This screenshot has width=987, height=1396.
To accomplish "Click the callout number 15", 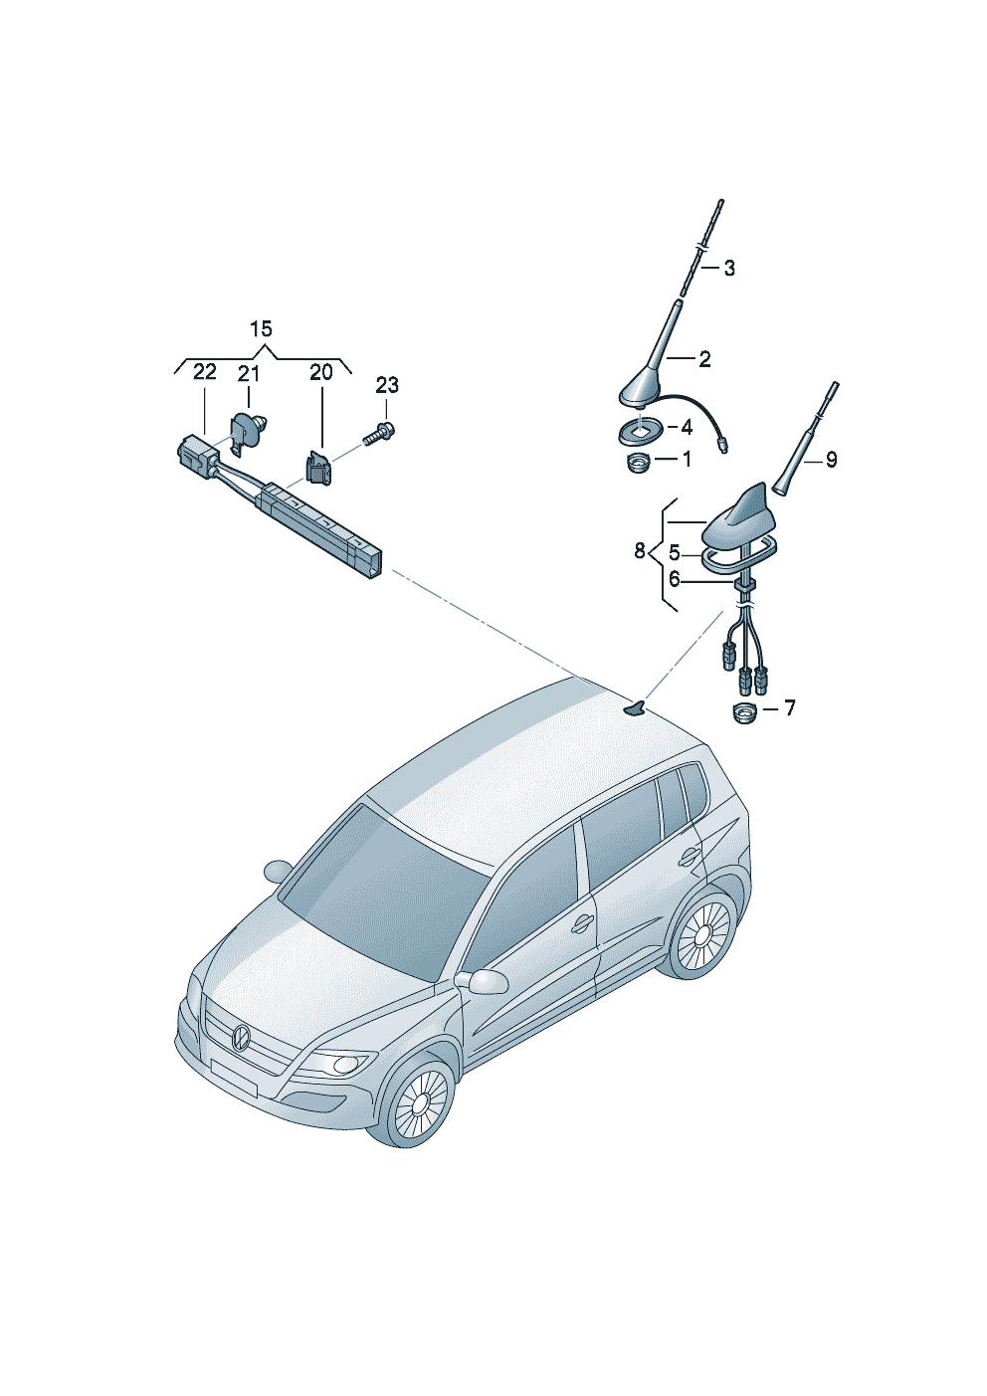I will coord(261,329).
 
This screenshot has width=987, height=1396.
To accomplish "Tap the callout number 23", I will coord(387,385).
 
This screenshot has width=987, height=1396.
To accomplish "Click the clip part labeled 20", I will coord(319,469).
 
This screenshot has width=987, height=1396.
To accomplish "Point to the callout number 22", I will coord(204,372).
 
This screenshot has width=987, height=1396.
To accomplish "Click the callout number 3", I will coord(729,268).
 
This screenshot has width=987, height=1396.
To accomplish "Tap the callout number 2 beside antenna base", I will coord(704,359).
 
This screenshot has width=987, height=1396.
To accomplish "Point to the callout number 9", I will coord(831,460).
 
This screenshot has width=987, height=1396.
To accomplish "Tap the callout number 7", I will coord(789,708).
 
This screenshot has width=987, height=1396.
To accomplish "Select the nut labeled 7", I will coord(743,712).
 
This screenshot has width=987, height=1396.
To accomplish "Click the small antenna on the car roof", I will coord(634,708).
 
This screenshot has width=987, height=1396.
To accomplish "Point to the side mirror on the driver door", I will coord(485,981).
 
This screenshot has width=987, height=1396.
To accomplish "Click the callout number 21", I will coord(248,374).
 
